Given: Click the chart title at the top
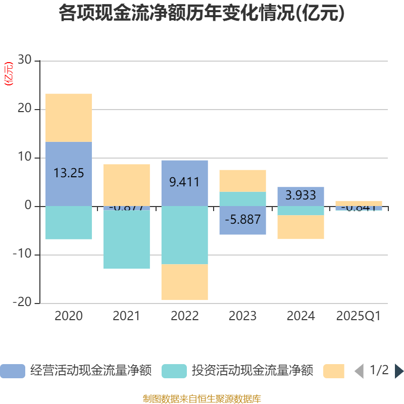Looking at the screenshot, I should tap(202, 14).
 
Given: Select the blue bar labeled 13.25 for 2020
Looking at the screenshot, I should tap(69, 174).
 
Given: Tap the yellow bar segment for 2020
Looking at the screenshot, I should tap(69, 118).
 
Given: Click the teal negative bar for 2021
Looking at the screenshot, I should tap(126, 239).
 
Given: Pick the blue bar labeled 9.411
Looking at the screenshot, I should tap(184, 183).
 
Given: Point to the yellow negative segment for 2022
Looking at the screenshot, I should tap(184, 282).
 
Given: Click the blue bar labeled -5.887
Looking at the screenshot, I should tap(242, 220).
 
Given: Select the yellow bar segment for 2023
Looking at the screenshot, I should tap(242, 180).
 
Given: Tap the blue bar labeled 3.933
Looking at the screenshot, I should tap(300, 196).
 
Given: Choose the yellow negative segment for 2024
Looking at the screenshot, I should tap(300, 227).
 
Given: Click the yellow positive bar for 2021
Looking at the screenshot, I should tap(126, 185).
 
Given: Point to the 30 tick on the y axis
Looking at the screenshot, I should tap(24, 61).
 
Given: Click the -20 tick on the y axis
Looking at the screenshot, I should tap(22, 303).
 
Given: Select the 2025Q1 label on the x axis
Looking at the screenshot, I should tap(358, 316).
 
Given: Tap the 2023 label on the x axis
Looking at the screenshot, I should tap(242, 316).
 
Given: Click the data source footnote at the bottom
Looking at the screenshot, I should tap(202, 399).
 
